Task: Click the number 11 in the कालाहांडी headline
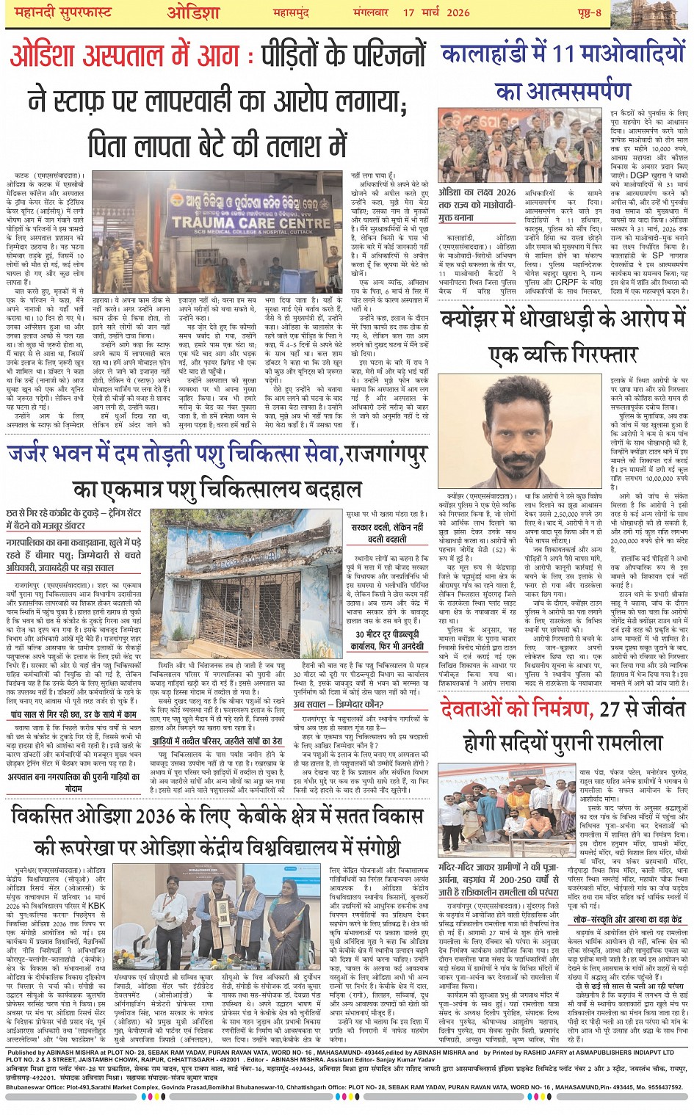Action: click(563, 54)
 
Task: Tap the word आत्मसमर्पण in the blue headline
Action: click(563, 91)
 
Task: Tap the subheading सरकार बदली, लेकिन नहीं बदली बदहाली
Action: click(387, 533)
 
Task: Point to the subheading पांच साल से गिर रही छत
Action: click(73, 713)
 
